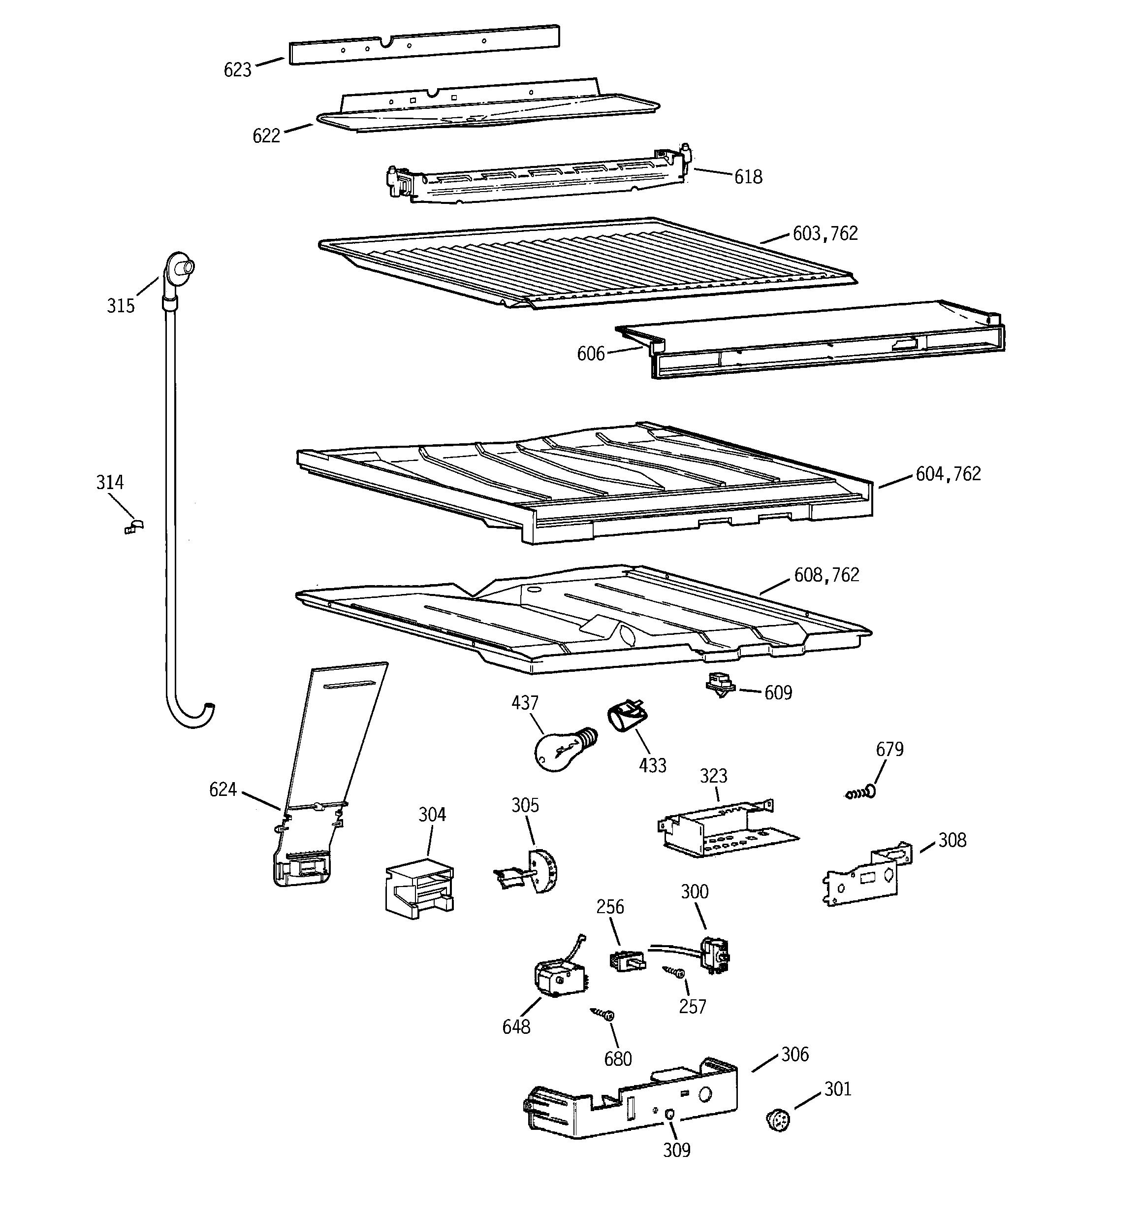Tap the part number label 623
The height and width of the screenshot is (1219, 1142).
tap(237, 70)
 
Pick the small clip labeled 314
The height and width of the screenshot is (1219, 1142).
tap(133, 526)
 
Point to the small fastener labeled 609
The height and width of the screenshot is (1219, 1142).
tap(721, 685)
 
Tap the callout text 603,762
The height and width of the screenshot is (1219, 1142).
tap(825, 233)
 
